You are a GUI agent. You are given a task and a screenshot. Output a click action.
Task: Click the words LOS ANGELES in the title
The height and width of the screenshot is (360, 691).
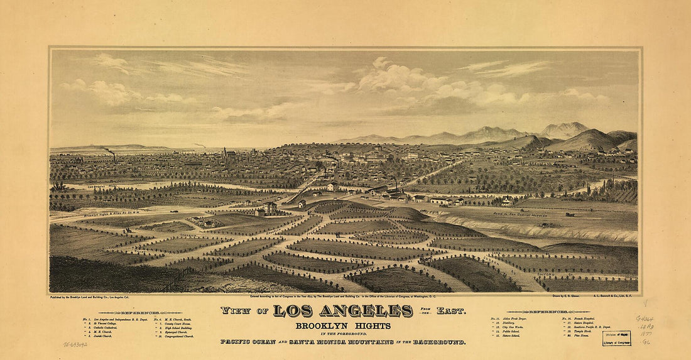click(x=343, y=311)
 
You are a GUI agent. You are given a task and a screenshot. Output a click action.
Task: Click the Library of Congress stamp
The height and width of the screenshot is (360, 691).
click(x=616, y=339)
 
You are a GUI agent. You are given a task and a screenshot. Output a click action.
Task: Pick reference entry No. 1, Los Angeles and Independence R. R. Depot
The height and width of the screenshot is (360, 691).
click(x=119, y=319)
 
